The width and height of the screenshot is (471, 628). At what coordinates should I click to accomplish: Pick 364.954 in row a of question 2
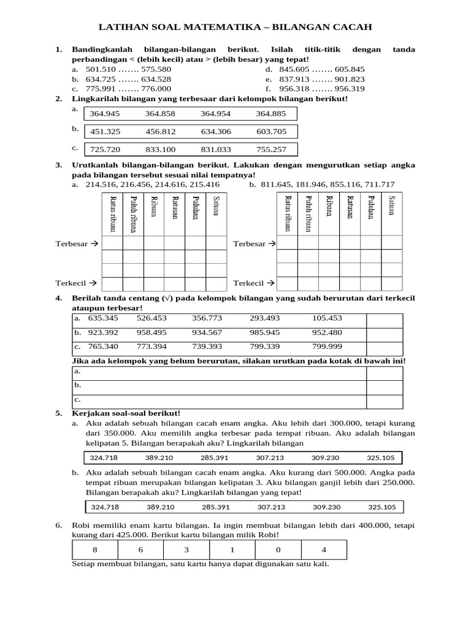[x=215, y=113]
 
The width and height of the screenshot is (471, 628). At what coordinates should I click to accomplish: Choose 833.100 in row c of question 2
[x=160, y=149]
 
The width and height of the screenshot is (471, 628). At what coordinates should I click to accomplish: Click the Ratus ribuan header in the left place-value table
[x=112, y=213]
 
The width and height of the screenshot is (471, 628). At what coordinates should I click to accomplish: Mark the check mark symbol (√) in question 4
[x=166, y=298]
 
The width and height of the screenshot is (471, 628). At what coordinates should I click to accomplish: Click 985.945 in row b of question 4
[x=265, y=333]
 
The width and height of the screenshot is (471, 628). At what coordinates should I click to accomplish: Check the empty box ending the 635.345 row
[x=385, y=321]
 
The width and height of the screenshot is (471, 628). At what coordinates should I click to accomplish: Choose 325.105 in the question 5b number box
[x=381, y=507]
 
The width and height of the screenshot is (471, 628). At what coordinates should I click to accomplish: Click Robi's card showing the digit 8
[x=94, y=550]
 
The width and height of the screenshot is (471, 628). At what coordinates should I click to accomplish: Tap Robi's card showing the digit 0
[x=279, y=550]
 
